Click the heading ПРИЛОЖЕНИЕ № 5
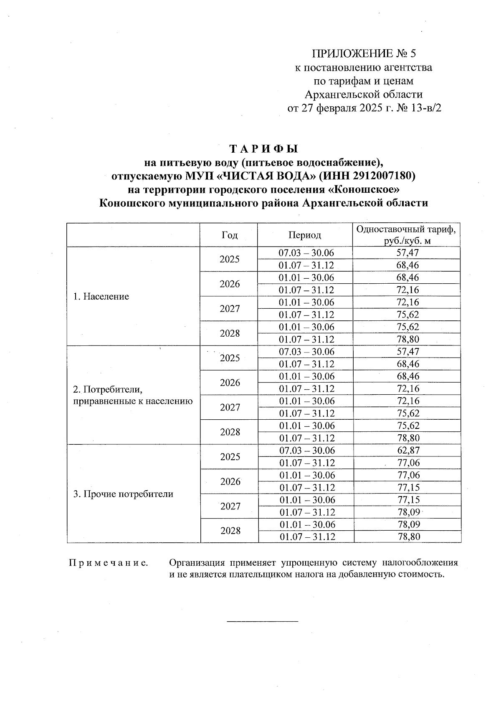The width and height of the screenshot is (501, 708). coord(364,53)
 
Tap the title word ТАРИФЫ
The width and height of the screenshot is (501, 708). coord(263,149)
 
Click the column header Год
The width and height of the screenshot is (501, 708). coord(229,235)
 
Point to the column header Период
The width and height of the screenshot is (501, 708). coord(305,235)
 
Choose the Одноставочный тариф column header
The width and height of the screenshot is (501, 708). coord(407,235)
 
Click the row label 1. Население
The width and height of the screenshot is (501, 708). coord(101,297)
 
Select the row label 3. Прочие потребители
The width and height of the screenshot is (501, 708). coord(123,494)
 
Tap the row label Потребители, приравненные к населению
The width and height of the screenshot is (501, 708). coord(133,396)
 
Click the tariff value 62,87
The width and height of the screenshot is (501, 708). coord(408,451)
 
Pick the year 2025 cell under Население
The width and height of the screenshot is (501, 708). coord(230,259)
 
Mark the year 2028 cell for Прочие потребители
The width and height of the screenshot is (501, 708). coord(230,531)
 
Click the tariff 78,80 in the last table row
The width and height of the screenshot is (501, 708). coord(408,537)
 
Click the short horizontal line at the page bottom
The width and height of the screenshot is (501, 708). coord(262,622)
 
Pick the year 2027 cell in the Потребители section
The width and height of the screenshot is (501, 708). coord(230,407)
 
